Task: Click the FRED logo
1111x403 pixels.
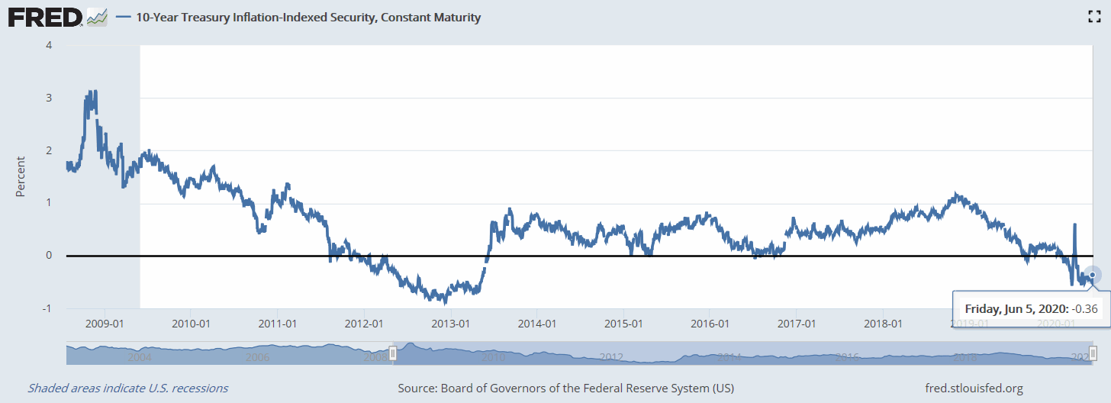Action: [45, 16]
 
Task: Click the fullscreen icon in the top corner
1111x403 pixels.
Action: [1093, 17]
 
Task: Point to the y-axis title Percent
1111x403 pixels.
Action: [21, 176]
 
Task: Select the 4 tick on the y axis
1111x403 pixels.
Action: [49, 45]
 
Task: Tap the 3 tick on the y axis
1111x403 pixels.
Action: [49, 98]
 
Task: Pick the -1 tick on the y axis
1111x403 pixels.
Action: [47, 308]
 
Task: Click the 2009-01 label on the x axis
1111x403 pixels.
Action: [105, 324]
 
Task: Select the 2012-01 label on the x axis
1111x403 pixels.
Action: [364, 324]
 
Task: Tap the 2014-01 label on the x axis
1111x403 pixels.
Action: [536, 324]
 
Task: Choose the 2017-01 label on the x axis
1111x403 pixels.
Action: [796, 324]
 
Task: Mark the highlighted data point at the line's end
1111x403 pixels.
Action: [1092, 275]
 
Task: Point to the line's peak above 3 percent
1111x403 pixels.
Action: [92, 92]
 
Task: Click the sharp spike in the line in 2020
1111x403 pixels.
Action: [1074, 225]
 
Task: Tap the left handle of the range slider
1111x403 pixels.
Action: [392, 353]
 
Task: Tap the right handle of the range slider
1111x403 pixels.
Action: [1093, 353]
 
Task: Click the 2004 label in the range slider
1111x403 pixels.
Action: [139, 356]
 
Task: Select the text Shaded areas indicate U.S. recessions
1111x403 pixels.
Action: [127, 388]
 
